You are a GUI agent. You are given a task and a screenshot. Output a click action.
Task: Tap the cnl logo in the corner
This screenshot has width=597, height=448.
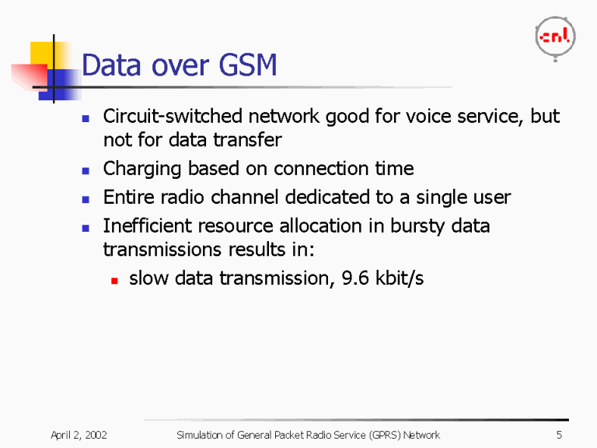[555, 37]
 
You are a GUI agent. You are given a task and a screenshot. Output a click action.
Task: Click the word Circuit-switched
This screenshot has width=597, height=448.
[172, 117]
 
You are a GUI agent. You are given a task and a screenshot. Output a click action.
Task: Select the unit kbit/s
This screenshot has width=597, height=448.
[399, 278]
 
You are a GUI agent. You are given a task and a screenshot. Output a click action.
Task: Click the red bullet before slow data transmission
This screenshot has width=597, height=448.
[113, 279]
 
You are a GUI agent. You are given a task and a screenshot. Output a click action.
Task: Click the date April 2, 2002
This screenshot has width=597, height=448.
[79, 435]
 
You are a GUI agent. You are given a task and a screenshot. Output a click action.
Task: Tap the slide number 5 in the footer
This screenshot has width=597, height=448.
[559, 435]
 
